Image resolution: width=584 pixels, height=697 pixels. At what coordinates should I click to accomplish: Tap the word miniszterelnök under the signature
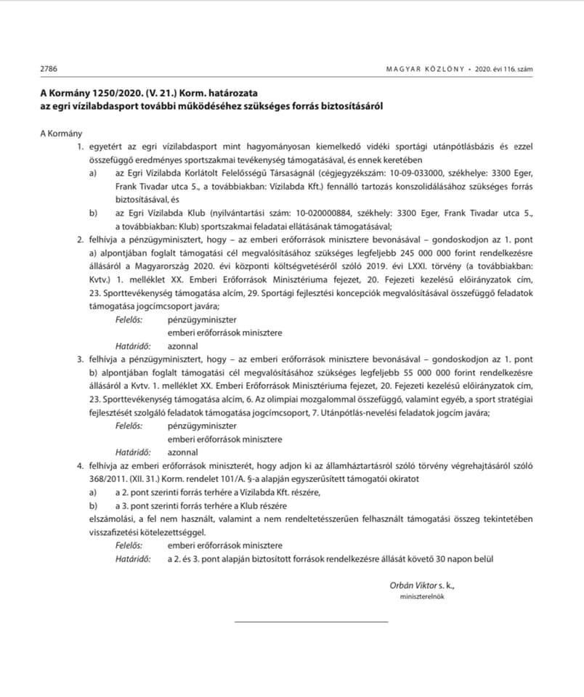click(x=411, y=596)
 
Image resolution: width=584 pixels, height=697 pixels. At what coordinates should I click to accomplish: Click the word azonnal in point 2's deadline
click(x=182, y=345)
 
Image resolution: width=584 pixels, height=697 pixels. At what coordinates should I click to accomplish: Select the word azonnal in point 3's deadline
click(x=182, y=452)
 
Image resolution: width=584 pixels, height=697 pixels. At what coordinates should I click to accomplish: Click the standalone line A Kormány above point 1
click(x=62, y=134)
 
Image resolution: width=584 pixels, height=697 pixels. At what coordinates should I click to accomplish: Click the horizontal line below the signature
click(x=311, y=621)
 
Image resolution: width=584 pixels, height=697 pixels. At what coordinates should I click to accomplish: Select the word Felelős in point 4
click(x=129, y=545)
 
